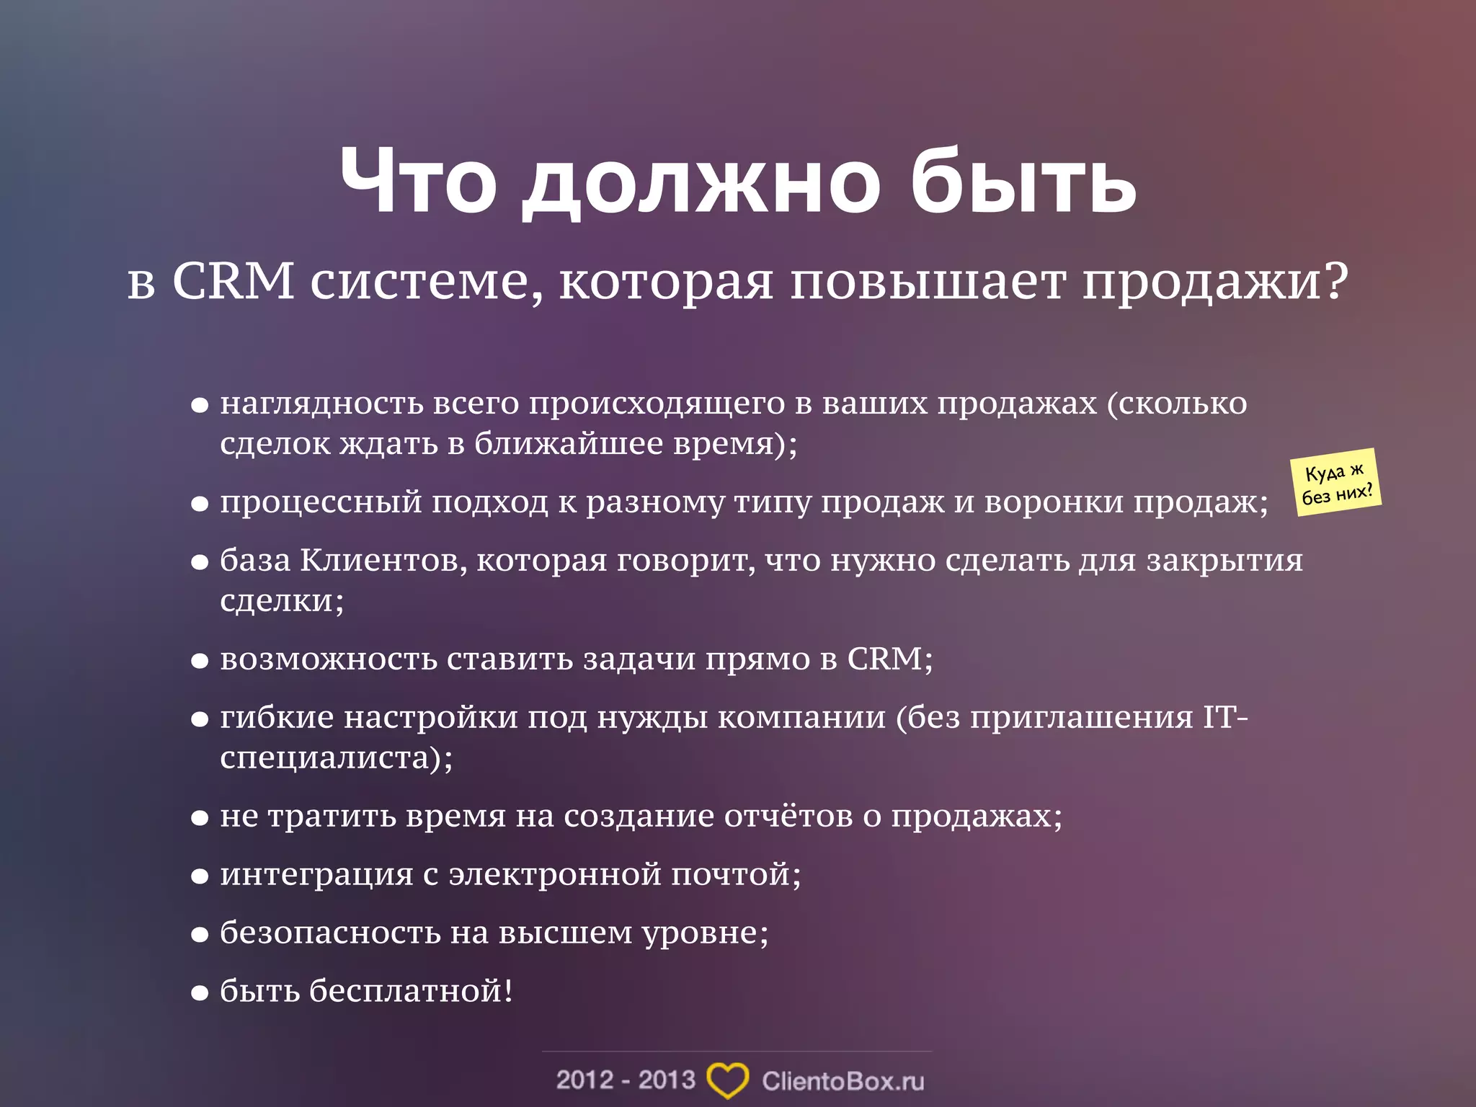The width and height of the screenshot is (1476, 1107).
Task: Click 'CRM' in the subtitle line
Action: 233,281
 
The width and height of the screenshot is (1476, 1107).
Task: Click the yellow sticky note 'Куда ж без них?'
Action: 1337,483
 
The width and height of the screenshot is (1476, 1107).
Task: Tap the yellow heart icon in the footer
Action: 727,1080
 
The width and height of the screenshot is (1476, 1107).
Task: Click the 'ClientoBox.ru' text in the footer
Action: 843,1081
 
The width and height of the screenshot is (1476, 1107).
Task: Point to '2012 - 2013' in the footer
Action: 626,1080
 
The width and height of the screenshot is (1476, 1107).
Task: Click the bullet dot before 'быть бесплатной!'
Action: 200,994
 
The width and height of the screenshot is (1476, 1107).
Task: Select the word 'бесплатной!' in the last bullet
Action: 412,991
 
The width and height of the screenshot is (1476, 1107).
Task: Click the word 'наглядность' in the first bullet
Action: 321,404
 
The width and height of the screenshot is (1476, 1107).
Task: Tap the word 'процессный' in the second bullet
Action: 321,502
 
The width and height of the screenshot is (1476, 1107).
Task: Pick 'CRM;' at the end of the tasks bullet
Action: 889,659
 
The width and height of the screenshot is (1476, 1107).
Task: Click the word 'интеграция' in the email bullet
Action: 316,875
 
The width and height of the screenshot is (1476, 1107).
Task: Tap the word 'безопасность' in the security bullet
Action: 329,933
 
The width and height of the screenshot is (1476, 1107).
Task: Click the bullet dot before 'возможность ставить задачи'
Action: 200,662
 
